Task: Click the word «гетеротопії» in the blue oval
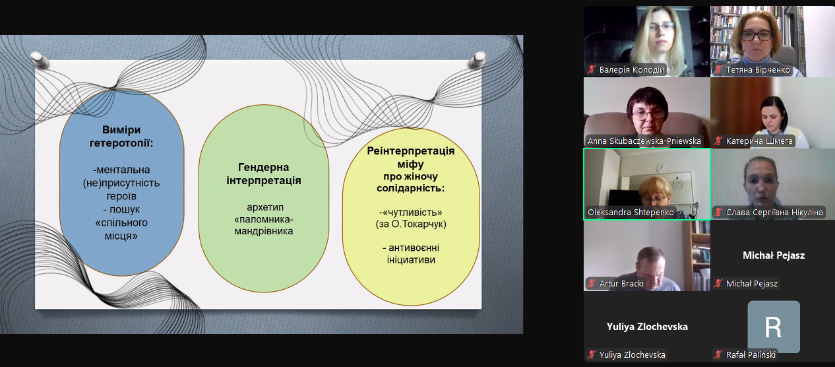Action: [x=121, y=143]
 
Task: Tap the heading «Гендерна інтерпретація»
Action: [x=264, y=174]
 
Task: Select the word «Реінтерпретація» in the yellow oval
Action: [x=411, y=151]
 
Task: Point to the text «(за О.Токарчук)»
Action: [x=411, y=224]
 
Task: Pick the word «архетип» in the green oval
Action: [x=265, y=207]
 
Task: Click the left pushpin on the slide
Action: [x=39, y=59]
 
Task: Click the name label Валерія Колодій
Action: [x=631, y=70]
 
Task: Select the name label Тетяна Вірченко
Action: [x=758, y=70]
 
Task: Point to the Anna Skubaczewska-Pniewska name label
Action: [x=644, y=141]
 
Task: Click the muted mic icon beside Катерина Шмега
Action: [x=718, y=141]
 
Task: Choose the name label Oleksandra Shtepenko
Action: [x=631, y=213]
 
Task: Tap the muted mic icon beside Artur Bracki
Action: [x=592, y=283]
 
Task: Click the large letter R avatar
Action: [x=774, y=327]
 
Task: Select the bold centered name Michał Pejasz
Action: [x=774, y=255]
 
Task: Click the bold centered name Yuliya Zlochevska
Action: [x=647, y=327]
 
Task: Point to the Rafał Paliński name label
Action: [x=751, y=354]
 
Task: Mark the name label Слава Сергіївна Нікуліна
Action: [x=774, y=213]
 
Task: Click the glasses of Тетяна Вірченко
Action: [x=757, y=36]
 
